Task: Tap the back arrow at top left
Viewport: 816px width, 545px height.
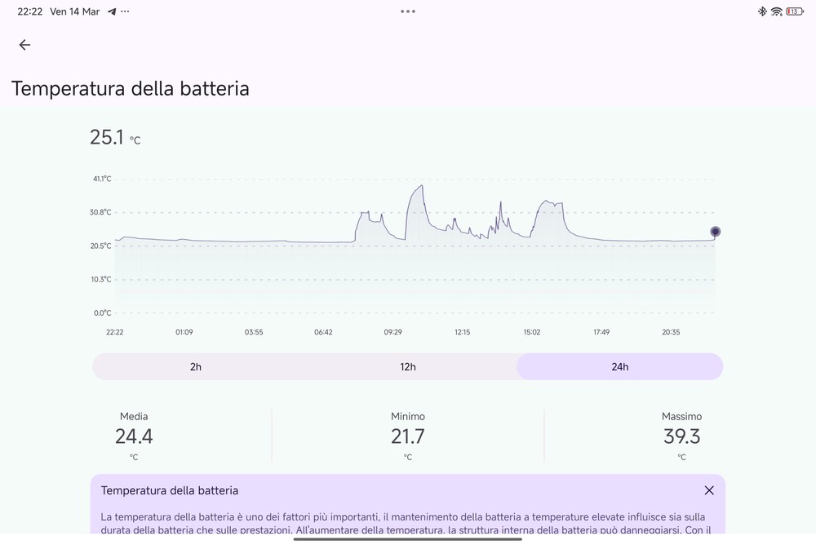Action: coord(24,45)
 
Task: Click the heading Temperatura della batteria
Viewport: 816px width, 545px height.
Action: coord(131,88)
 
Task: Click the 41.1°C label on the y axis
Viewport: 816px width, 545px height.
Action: coord(102,179)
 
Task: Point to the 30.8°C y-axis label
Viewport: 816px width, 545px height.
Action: coord(102,212)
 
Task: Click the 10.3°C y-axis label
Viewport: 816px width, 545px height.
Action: coord(102,279)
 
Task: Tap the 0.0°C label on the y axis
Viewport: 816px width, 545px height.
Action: coord(102,312)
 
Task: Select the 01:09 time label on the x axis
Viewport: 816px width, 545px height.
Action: coord(184,332)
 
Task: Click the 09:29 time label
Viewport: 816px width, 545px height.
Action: coord(392,332)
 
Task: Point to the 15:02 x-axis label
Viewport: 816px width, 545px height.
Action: coord(532,332)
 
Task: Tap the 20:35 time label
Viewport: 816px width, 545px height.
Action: coord(671,332)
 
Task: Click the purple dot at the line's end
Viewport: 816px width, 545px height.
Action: coord(716,232)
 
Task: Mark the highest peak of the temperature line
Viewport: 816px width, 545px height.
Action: coord(421,186)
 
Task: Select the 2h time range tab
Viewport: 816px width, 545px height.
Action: coord(196,366)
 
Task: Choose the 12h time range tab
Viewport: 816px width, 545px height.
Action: coord(408,366)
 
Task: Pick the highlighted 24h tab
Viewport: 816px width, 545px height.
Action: coord(620,366)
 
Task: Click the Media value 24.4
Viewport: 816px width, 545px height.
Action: coord(134,436)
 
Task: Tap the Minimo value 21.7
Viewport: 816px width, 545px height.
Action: coord(408,436)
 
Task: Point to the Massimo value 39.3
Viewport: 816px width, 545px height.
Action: coord(681,436)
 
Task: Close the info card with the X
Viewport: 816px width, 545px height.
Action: coord(709,490)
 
